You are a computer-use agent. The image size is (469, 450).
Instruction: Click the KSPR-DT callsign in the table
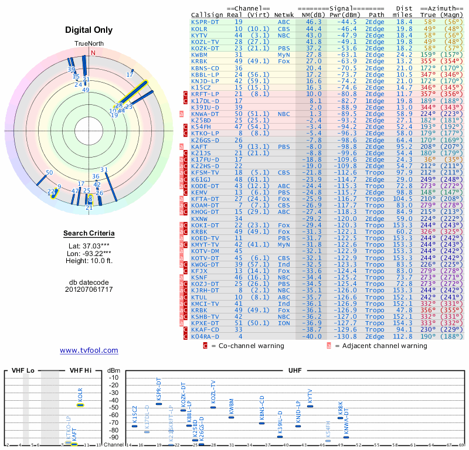[x=206, y=22]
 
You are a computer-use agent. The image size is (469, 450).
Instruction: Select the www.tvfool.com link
[x=89, y=350]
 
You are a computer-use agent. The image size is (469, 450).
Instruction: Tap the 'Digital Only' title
[x=89, y=30]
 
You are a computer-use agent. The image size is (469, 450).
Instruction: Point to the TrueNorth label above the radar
[x=89, y=44]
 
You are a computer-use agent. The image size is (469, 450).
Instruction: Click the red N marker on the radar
[x=93, y=52]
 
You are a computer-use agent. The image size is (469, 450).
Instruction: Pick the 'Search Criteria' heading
[x=89, y=234]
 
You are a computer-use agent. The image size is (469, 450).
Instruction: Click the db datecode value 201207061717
[x=89, y=289]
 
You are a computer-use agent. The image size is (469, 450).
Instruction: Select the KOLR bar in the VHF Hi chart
[x=80, y=405]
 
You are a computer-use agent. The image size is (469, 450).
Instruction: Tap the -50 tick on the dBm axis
[x=114, y=407]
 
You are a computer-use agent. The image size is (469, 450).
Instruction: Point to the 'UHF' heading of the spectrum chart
[x=296, y=370]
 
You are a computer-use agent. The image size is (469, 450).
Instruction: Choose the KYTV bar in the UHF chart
[x=310, y=405]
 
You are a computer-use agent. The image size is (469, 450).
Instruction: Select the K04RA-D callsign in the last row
[x=206, y=336]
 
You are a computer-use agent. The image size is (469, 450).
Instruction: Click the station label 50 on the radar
[x=49, y=172]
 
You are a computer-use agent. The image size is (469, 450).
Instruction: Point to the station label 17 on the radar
[x=130, y=74]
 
